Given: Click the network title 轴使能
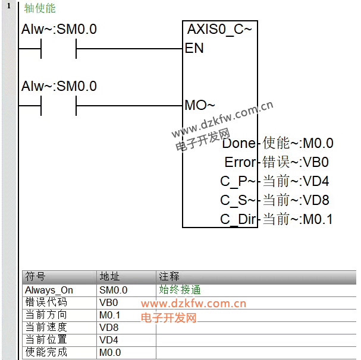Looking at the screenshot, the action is pos(40,8).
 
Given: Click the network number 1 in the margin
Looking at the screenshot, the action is pos(9,6).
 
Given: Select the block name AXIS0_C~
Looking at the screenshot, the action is pos(219,30).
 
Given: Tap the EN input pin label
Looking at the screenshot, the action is pos(194,48).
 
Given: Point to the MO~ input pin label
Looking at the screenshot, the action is pos(200,105).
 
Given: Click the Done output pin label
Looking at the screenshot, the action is pos(239,143).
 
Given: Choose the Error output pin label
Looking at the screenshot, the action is pos(240,162).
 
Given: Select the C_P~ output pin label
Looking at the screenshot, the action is pos(238,182).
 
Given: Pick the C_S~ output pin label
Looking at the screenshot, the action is pos(238,201).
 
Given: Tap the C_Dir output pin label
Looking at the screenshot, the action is pos(238,219).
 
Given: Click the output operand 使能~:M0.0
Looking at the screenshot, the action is pos(298,143).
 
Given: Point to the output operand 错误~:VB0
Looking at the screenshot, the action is pos(296,162).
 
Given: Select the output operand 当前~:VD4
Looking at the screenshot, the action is pos(296,181).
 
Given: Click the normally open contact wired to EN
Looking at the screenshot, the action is pos(59,49).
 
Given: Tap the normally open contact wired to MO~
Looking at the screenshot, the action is pos(59,106).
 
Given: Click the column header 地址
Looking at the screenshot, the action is pos(109,276).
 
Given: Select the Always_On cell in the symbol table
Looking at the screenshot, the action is pos(49,290).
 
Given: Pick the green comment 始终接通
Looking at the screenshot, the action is pos(180,290).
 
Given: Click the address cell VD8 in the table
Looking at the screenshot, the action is pos(109,327).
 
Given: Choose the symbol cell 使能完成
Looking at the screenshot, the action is pos(46,352).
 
